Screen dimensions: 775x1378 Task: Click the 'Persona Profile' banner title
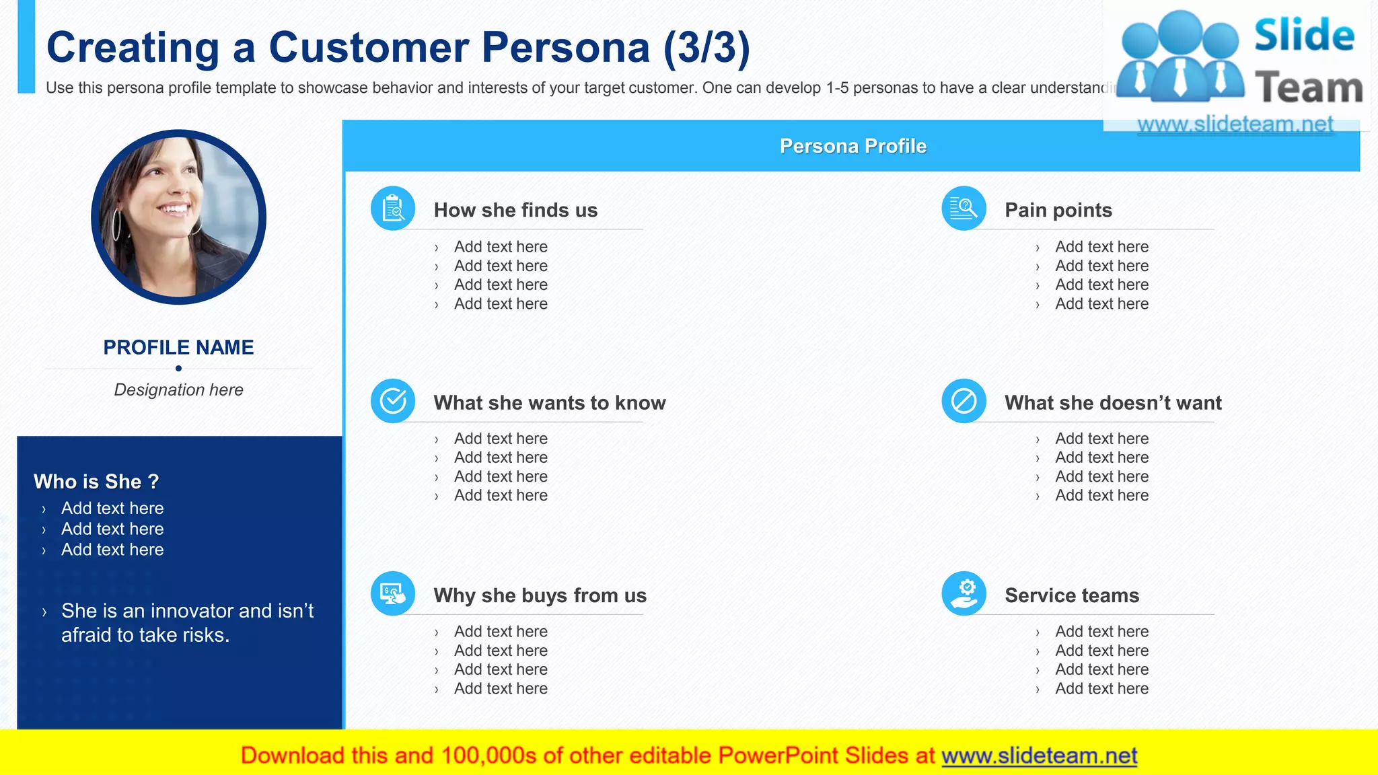coord(853,146)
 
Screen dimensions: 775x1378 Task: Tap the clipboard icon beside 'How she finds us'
coord(393,209)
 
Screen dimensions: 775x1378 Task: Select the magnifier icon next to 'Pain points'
coord(964,209)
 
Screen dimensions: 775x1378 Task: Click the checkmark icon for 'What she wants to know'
coord(393,402)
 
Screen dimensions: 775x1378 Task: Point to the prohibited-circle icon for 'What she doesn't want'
coord(964,402)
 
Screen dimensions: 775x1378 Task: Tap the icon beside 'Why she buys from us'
coord(393,594)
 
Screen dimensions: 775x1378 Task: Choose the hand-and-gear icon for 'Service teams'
coord(964,594)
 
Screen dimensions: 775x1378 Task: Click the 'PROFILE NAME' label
coord(178,347)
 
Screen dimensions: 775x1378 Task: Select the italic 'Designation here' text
coord(178,390)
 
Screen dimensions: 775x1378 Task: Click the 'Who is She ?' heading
coord(96,482)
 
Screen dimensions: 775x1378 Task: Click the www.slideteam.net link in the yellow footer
coord(1039,755)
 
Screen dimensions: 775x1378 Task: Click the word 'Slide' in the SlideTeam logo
coord(1303,35)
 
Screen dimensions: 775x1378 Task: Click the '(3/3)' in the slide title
coord(706,47)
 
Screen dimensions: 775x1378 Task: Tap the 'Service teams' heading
coord(1071,595)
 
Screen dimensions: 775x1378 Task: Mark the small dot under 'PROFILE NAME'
coord(178,368)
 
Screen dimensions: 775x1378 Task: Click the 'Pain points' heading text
coord(1058,210)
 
